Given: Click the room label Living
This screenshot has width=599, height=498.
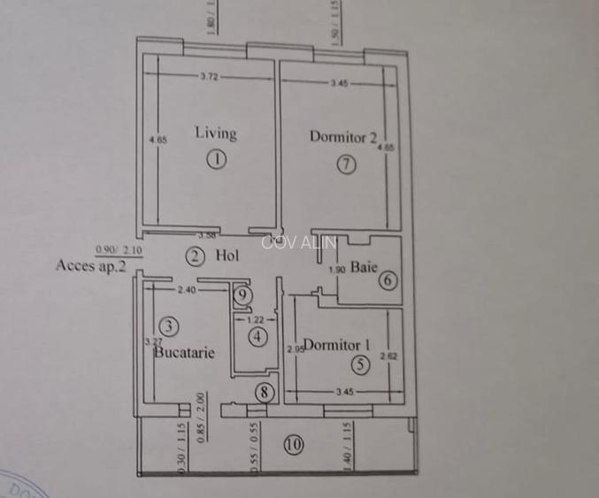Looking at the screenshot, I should pyautogui.click(x=216, y=134).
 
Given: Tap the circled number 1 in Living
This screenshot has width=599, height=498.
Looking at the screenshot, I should pyautogui.click(x=217, y=160).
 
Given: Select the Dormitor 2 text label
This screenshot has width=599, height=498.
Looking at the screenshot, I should pyautogui.click(x=343, y=136).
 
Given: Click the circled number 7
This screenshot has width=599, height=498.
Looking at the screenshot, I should pyautogui.click(x=346, y=164).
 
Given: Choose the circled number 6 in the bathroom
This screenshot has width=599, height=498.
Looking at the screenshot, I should pyautogui.click(x=388, y=280).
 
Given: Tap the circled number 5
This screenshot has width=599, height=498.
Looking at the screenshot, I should pyautogui.click(x=358, y=364).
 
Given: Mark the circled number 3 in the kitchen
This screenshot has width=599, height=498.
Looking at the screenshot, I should pyautogui.click(x=171, y=325).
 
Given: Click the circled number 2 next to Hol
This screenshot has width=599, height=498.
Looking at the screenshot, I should pyautogui.click(x=196, y=257).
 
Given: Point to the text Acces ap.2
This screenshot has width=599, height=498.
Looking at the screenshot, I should pyautogui.click(x=89, y=264).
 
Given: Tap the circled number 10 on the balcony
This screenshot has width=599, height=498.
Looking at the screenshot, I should pyautogui.click(x=295, y=444).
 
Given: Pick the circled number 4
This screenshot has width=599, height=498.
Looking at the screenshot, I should pyautogui.click(x=257, y=336).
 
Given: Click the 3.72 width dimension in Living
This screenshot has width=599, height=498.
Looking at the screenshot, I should pyautogui.click(x=209, y=78).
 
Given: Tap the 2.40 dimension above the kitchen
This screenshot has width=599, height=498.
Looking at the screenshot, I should pyautogui.click(x=186, y=289).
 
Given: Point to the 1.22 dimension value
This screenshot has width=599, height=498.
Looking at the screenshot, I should pyautogui.click(x=256, y=319).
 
